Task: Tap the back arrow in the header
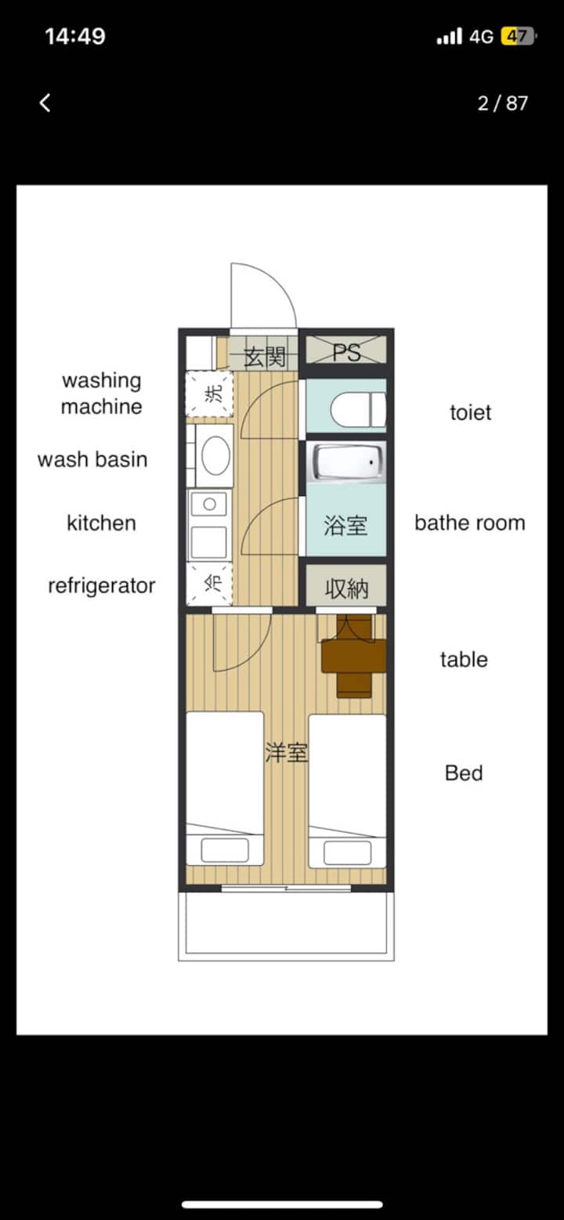(45, 103)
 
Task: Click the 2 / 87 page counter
(502, 103)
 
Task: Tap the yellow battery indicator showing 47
(518, 37)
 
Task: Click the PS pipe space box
(346, 350)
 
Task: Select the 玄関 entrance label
(265, 357)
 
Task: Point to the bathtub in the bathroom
(345, 462)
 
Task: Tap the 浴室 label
(345, 526)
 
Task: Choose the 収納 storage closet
(346, 585)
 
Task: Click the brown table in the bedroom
(354, 656)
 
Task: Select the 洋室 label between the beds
(287, 752)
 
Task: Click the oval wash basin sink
(215, 455)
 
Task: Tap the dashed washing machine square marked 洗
(210, 394)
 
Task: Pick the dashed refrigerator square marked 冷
(210, 584)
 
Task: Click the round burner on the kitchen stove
(210, 505)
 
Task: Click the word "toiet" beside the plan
(470, 412)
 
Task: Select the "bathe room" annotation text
(470, 523)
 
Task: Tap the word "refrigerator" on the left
(102, 586)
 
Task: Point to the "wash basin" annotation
(92, 459)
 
